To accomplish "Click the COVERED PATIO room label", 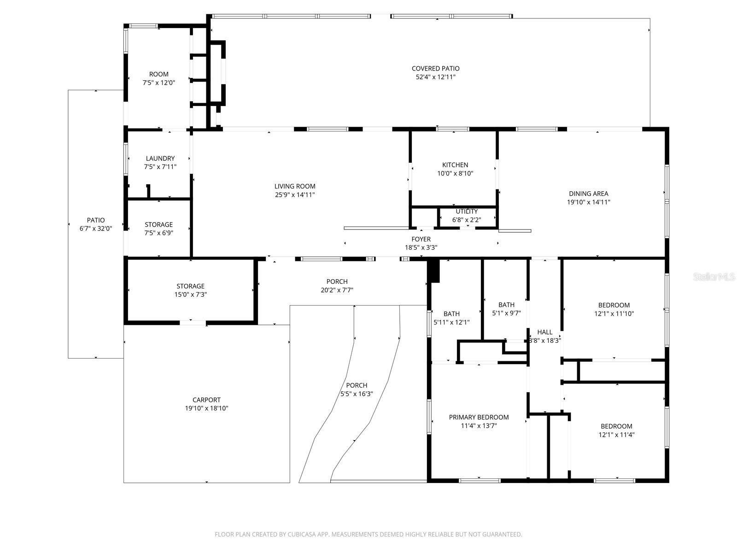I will [x=435, y=69].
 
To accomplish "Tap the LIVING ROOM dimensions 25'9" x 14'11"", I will [x=295, y=195].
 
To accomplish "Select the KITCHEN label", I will [x=455, y=165].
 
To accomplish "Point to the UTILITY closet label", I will [x=467, y=212].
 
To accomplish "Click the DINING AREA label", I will [x=588, y=194].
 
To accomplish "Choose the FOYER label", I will [x=421, y=239].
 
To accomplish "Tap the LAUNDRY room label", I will [x=160, y=159].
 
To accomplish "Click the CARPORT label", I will [x=206, y=400].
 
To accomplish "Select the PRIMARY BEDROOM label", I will [x=479, y=418].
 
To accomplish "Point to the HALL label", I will [x=544, y=332].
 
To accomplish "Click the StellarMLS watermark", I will [x=714, y=276].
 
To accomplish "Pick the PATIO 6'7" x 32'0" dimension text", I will [x=96, y=229].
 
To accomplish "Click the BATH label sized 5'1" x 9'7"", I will [x=506, y=305].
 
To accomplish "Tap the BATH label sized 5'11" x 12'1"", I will [x=451, y=314].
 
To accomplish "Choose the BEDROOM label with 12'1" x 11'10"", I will [x=614, y=305].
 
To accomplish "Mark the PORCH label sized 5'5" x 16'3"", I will [x=357, y=386].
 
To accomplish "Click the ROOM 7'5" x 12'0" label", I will [x=158, y=74].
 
